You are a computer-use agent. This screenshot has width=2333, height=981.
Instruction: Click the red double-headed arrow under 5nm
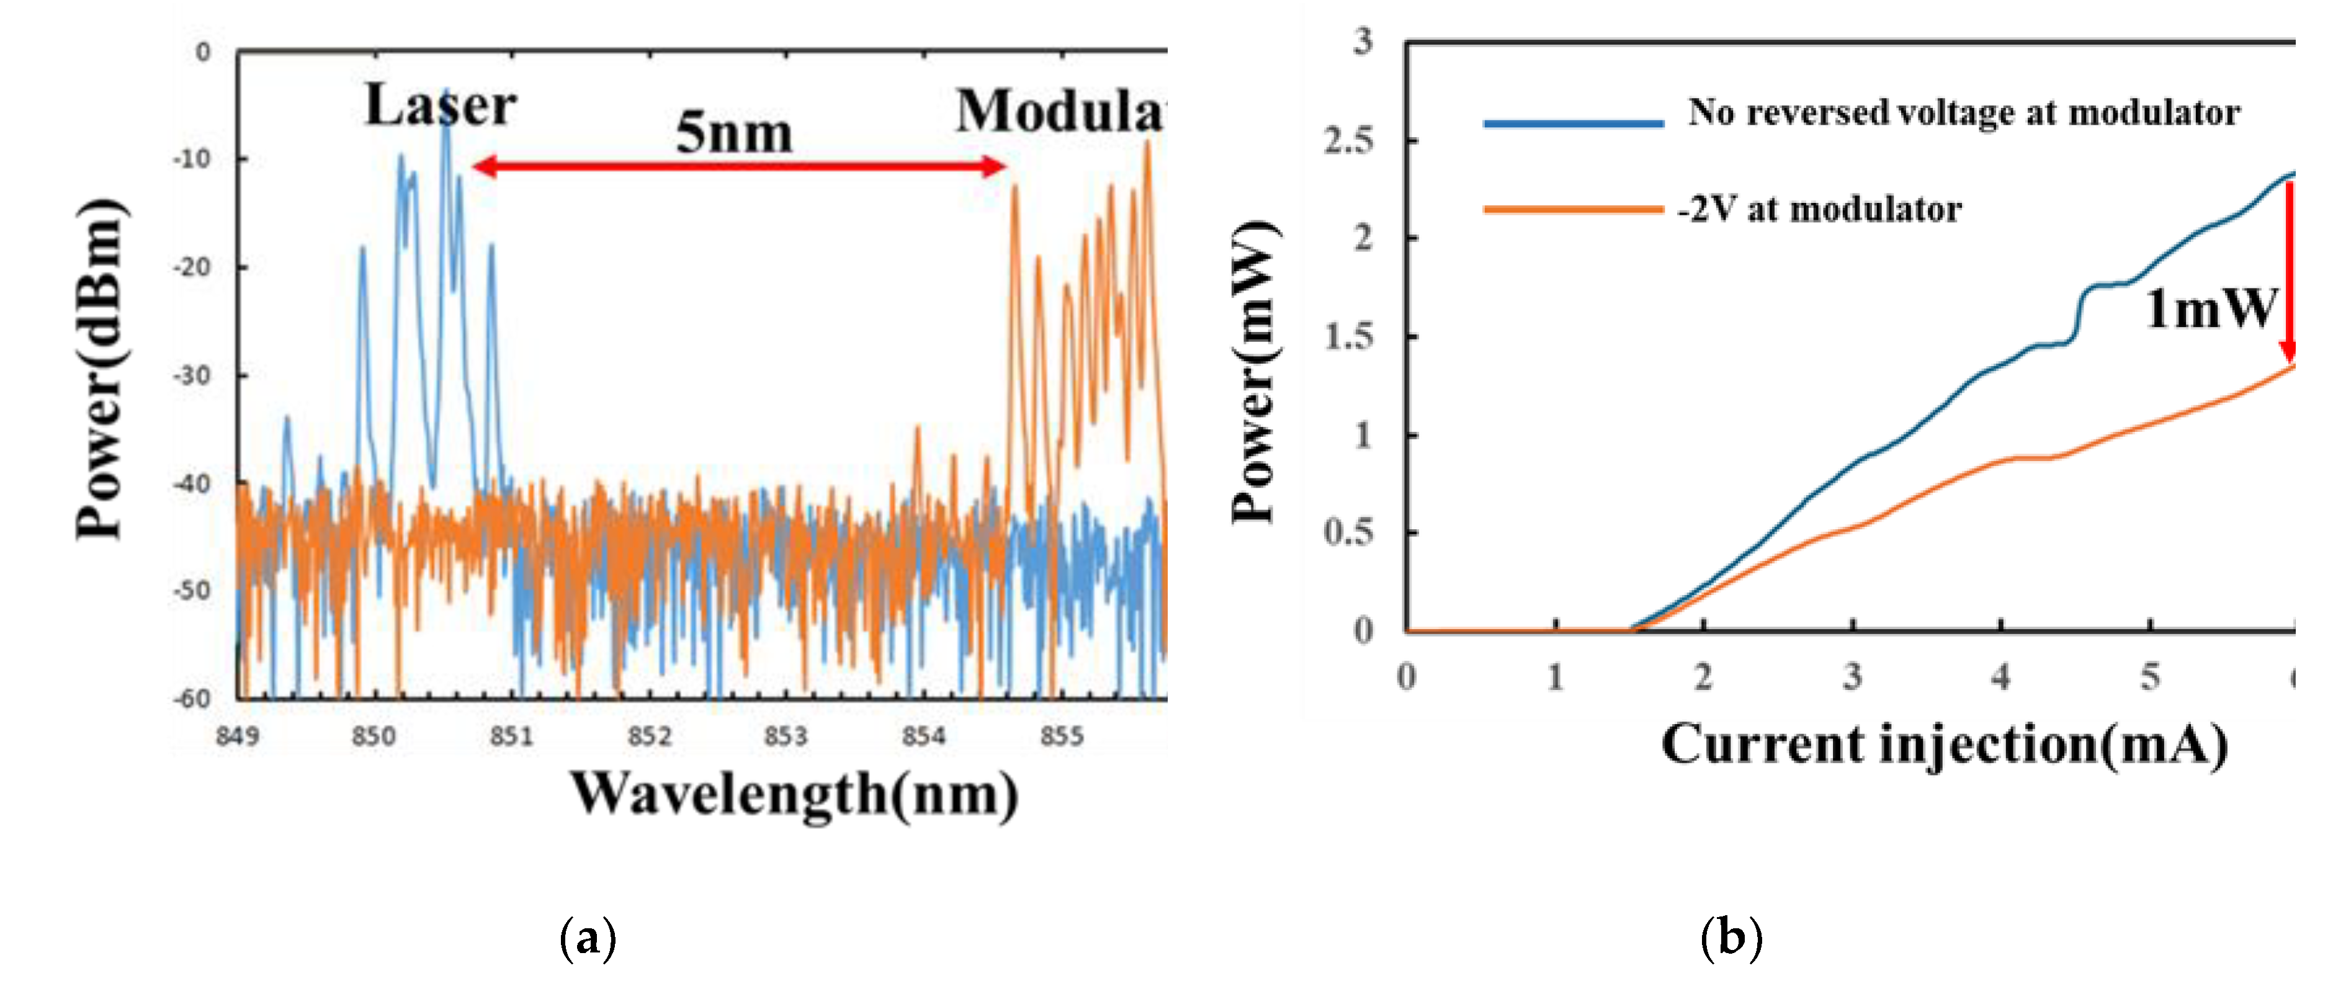(738, 166)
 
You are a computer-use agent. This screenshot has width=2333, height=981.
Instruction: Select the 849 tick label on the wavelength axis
(237, 735)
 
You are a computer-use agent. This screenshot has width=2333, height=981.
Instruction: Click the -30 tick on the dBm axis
(191, 375)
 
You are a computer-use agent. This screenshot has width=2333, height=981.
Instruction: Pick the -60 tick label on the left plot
(191, 699)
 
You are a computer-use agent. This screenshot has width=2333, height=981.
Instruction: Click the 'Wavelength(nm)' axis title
(794, 794)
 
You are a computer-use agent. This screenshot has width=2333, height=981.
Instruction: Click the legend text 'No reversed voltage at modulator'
(1963, 113)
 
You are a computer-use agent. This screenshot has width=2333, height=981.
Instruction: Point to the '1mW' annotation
(2210, 309)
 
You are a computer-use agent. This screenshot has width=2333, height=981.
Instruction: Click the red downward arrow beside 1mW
(2288, 272)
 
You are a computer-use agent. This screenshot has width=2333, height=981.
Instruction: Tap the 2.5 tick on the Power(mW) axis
(1348, 140)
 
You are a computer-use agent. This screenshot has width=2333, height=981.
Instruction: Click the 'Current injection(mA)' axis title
(1943, 745)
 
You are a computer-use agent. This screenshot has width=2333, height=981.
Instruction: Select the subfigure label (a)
(589, 938)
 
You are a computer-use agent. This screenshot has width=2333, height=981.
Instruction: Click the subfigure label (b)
(1731, 938)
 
